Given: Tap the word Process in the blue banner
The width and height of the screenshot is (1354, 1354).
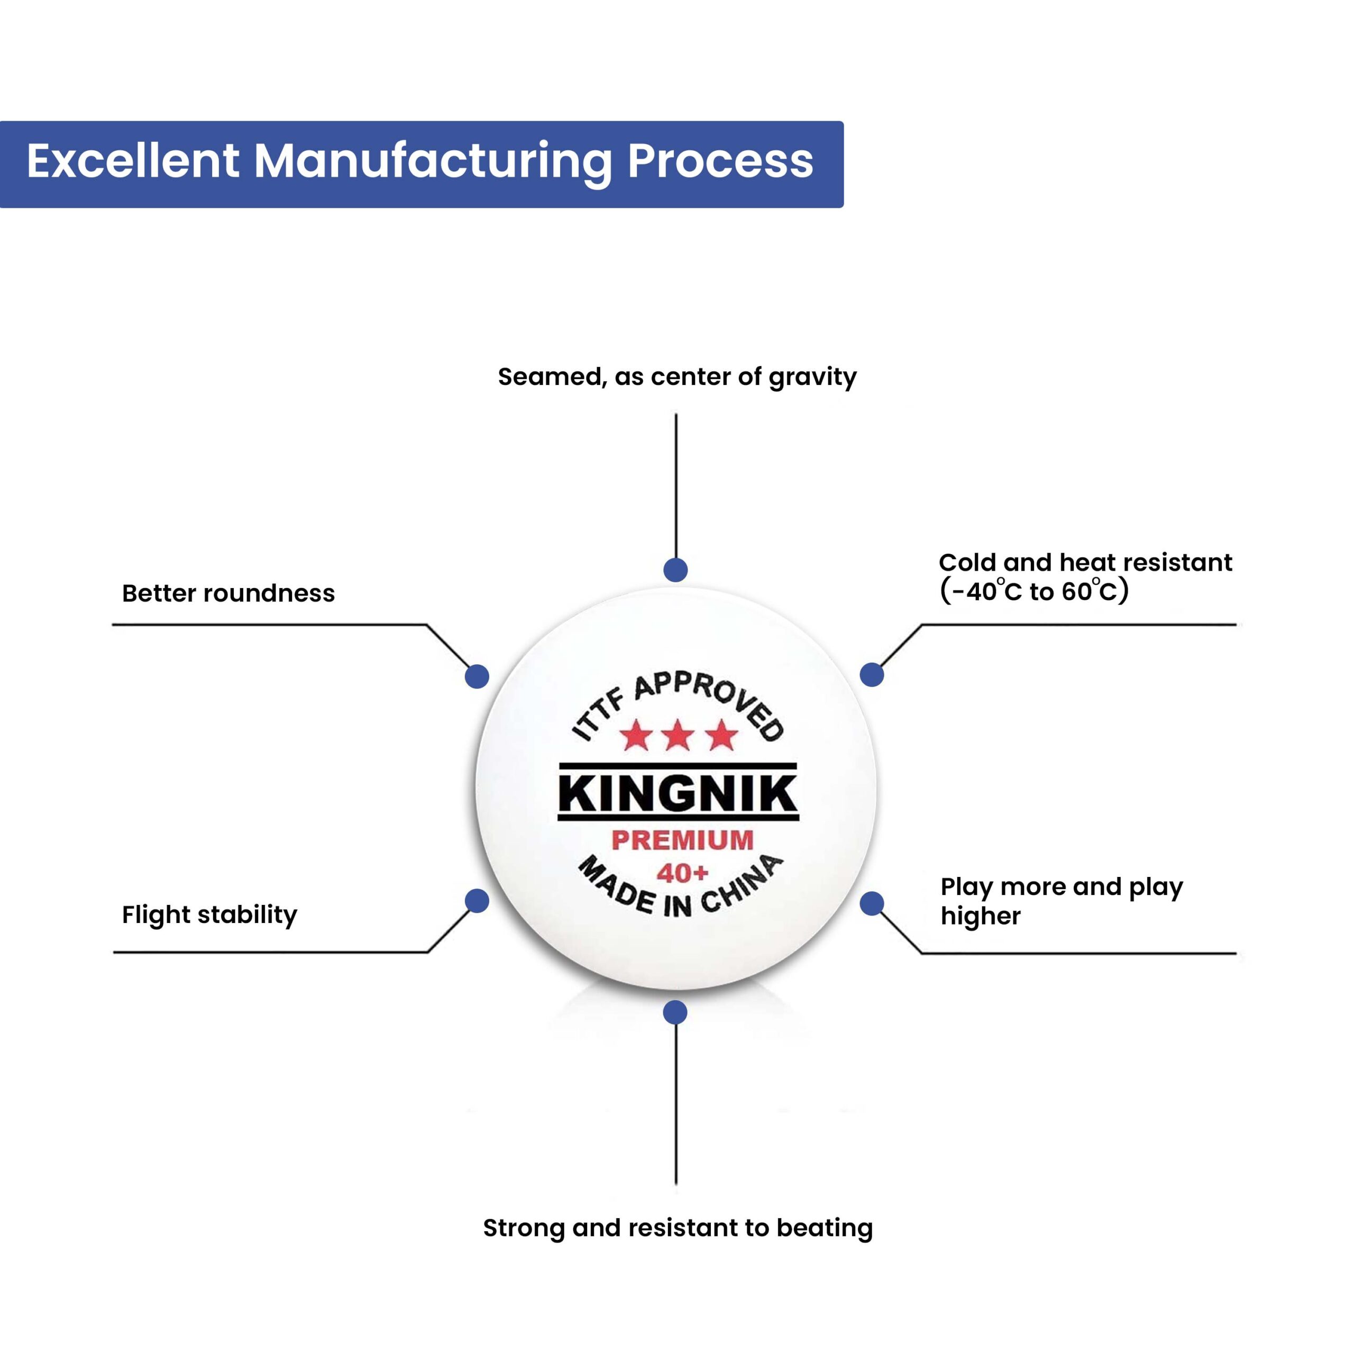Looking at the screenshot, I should (x=720, y=162).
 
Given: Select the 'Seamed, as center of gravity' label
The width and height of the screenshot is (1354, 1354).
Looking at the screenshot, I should (x=677, y=377).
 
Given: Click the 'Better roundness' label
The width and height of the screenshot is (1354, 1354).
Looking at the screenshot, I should (x=228, y=593).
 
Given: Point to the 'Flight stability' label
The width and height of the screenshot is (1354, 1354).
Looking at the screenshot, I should (x=209, y=914).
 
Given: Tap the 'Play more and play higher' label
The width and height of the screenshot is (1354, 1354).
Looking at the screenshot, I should (x=1061, y=901).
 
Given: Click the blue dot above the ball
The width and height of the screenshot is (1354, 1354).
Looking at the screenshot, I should (x=675, y=570).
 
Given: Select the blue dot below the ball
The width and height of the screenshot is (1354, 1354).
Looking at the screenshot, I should (x=675, y=1012).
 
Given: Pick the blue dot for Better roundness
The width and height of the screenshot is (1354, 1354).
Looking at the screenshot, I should (x=477, y=676).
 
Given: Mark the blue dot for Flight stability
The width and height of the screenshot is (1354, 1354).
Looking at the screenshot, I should (x=477, y=901).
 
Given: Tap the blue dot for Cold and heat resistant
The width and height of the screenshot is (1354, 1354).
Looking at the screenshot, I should (x=872, y=675).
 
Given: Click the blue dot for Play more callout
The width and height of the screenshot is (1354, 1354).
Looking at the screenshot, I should (x=872, y=903).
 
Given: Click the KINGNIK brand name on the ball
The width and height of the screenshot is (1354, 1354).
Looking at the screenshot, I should (x=678, y=793).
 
